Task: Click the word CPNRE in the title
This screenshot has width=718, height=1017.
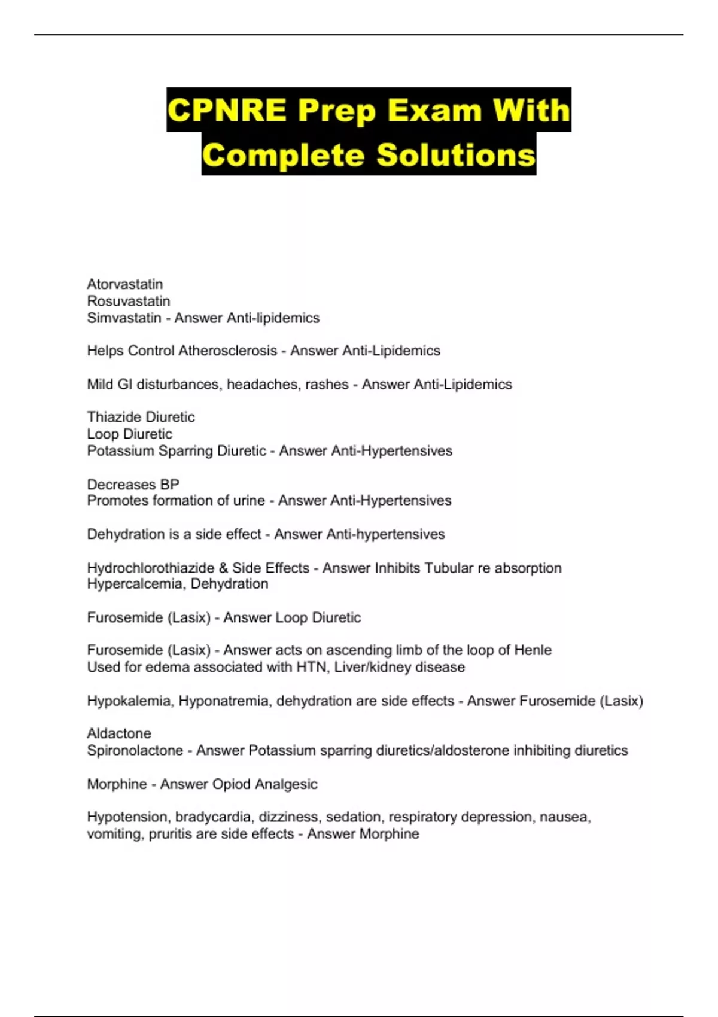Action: (x=226, y=110)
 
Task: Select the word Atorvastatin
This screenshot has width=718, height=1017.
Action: (x=124, y=284)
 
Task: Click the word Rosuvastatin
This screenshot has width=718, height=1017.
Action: (x=128, y=301)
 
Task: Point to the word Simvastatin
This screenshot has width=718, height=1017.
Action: (x=124, y=318)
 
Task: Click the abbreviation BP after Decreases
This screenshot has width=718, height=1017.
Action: (x=170, y=484)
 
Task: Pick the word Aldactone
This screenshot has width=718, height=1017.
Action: (x=118, y=733)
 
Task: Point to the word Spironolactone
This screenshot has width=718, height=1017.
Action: (x=135, y=750)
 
